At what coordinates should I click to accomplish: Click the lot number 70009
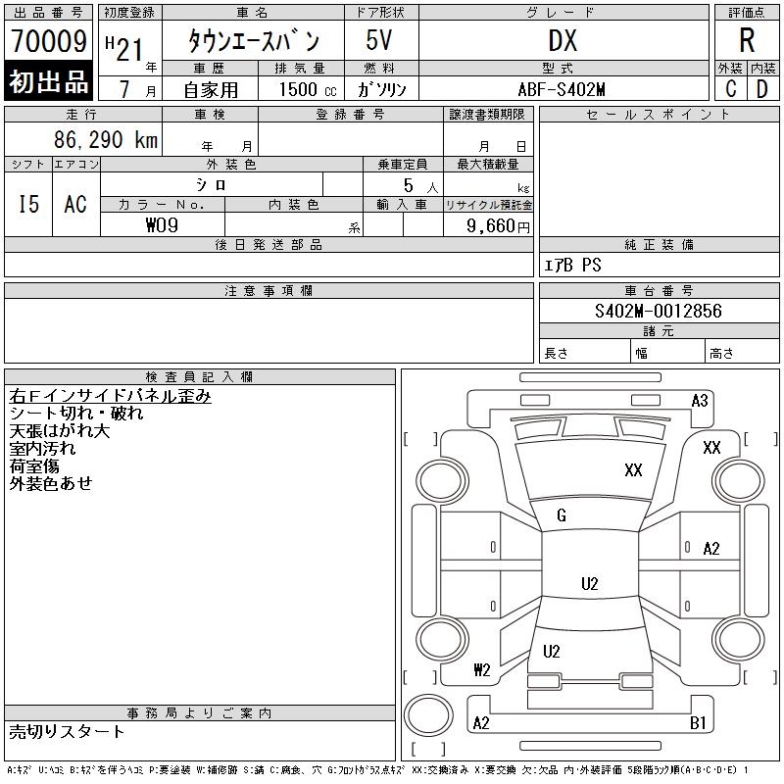coord(48,41)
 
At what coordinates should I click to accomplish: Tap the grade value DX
coord(563,41)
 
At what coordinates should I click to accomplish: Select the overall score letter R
coord(747,41)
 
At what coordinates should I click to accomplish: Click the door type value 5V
coord(381,41)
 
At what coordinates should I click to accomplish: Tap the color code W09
coord(162,224)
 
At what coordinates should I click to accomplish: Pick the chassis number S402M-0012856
coord(658,311)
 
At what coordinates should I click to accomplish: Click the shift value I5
coord(28,204)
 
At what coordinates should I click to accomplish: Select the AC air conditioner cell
coord(75,204)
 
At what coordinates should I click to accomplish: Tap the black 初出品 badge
coord(48,82)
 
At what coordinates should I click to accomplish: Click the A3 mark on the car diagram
coord(700,400)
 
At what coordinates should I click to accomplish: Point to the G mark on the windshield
coord(562,515)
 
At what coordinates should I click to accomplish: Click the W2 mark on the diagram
coord(481,670)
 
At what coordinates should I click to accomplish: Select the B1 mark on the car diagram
coord(698,723)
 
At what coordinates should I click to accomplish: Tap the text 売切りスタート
coord(68,731)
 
